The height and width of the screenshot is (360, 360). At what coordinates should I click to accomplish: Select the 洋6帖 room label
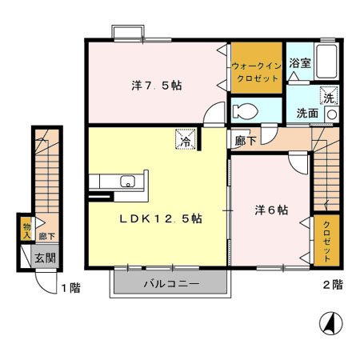tap(273, 210)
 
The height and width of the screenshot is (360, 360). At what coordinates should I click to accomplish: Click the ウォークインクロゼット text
tap(255, 71)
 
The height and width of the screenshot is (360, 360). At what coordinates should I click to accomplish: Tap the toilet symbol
tap(242, 109)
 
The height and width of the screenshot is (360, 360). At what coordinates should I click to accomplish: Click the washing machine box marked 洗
tap(329, 97)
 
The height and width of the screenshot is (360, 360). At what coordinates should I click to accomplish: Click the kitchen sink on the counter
tap(128, 181)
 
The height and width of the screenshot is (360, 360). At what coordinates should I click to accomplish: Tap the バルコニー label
tap(171, 283)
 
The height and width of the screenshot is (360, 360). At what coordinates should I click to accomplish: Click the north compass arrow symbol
tap(329, 325)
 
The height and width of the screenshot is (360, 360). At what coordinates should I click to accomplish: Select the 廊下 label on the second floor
tap(246, 140)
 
